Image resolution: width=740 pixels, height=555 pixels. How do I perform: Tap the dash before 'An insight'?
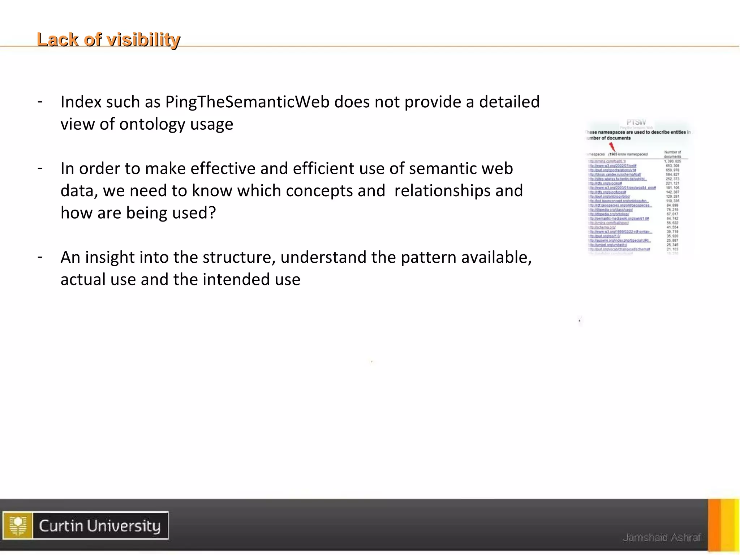[40, 257]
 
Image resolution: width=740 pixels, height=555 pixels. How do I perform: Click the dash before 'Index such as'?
[40, 102]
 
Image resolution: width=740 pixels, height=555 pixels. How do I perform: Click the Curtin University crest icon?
[18, 525]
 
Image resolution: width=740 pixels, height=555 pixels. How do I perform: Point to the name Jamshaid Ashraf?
[662, 538]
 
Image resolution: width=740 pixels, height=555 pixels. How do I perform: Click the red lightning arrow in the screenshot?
[612, 147]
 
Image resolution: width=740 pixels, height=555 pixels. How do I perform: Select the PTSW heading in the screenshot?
[636, 122]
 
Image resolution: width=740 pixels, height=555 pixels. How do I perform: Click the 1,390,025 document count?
[672, 161]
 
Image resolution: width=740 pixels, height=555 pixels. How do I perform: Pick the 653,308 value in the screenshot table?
[672, 165]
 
